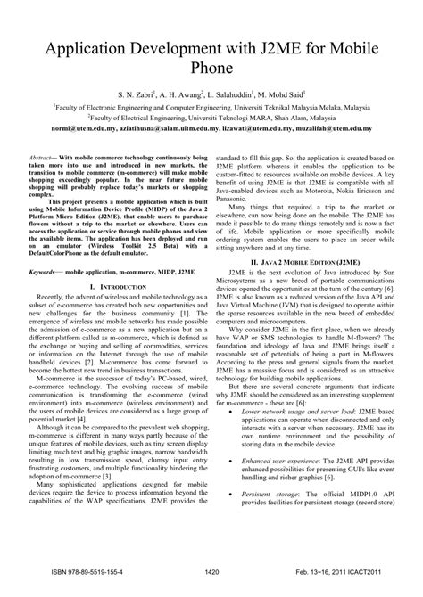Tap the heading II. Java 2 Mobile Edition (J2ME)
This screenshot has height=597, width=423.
[306, 264]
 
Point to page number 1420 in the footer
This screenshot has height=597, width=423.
[211, 573]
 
